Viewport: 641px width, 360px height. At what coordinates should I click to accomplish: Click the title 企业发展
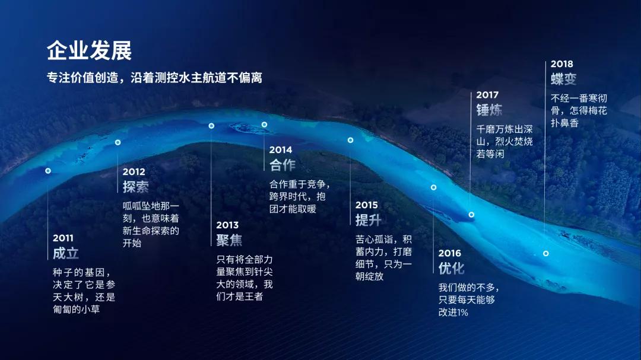click(x=89, y=50)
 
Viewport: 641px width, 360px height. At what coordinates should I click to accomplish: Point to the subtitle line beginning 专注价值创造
click(x=154, y=78)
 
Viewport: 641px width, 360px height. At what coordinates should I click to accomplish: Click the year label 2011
click(x=63, y=238)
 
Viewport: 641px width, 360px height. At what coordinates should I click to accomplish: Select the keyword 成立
click(x=65, y=253)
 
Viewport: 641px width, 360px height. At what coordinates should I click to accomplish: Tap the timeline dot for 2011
click(x=48, y=171)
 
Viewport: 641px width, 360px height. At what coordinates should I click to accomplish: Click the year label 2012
click(x=134, y=171)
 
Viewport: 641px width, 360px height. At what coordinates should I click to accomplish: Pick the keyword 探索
click(x=136, y=187)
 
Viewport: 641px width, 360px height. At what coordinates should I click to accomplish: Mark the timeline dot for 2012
click(x=118, y=142)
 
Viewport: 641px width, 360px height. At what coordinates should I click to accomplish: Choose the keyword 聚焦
click(x=229, y=240)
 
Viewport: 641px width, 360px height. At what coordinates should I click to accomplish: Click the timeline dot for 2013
click(x=211, y=126)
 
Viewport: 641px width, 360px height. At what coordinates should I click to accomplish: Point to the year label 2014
click(x=280, y=150)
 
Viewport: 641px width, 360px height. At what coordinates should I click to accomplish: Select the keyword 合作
click(x=282, y=165)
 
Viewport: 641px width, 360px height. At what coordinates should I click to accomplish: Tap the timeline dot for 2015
click(x=350, y=140)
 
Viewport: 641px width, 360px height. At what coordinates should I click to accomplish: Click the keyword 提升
click(x=369, y=220)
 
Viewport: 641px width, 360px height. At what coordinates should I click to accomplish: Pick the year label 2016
click(x=450, y=253)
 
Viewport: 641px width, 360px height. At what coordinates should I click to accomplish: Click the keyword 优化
click(x=451, y=269)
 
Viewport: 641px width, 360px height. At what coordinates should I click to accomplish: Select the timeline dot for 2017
click(x=471, y=215)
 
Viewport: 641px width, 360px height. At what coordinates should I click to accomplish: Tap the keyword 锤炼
click(x=489, y=110)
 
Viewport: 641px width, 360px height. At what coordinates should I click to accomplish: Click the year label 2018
click(x=561, y=64)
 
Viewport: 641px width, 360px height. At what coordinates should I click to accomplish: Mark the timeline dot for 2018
click(x=546, y=253)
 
